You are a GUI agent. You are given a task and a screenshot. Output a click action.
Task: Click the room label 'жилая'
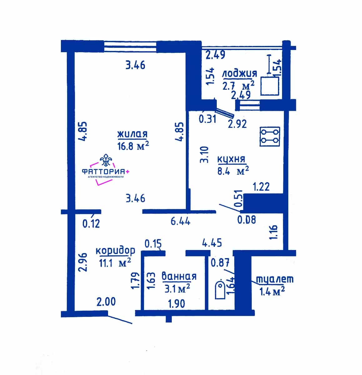pyautogui.click(x=132, y=134)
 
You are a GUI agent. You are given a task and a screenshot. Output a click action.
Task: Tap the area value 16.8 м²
pyautogui.click(x=133, y=146)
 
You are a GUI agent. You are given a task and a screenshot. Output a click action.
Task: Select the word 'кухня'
pyautogui.click(x=231, y=160)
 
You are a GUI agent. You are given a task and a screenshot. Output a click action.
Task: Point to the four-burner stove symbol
pyautogui.click(x=270, y=137)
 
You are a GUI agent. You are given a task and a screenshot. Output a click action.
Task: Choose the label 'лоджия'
pyautogui.click(x=240, y=74)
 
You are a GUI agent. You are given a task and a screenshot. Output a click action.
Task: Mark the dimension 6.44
pyautogui.click(x=181, y=221)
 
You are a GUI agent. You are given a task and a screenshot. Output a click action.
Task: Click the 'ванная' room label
pyautogui.click(x=179, y=276)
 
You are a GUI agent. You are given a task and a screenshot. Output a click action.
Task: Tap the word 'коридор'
pyautogui.click(x=115, y=251)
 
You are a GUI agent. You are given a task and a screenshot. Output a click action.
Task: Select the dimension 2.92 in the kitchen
pyautogui.click(x=237, y=124)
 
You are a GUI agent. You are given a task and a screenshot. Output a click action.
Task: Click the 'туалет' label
pyautogui.click(x=275, y=279)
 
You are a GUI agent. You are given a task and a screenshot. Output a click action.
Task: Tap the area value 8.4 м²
pyautogui.click(x=233, y=171)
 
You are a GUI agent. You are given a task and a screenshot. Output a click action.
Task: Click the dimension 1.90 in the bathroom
pyautogui.click(x=176, y=304)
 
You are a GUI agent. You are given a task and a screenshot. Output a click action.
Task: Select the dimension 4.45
pyautogui.click(x=212, y=242)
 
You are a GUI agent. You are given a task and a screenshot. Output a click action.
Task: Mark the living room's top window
pyautogui.click(x=130, y=47)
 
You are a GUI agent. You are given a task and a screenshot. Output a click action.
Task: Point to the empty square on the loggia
pyautogui.click(x=270, y=86)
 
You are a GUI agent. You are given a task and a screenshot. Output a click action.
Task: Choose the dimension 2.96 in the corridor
pyautogui.click(x=83, y=262)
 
